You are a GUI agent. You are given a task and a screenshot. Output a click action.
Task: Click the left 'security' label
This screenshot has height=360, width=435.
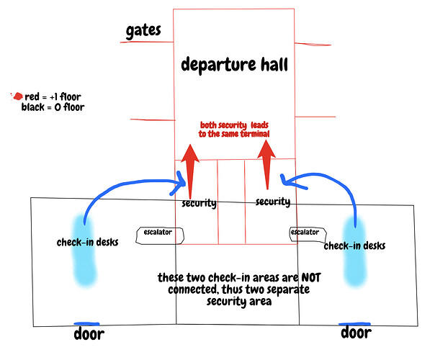tap(199, 203)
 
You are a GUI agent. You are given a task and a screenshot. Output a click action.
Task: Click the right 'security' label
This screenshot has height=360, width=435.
tap(272, 202)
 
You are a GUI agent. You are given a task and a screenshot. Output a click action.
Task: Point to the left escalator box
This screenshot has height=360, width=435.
tap(160, 235)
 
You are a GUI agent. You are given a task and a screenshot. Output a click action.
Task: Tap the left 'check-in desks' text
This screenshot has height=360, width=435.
tap(87, 242)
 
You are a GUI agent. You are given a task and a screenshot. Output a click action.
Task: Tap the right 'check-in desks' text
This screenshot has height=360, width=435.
tap(354, 246)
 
